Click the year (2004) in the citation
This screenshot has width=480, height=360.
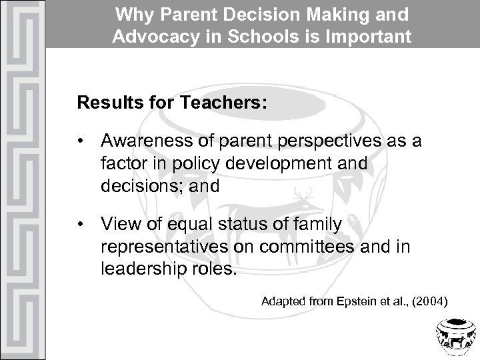[427, 302]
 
